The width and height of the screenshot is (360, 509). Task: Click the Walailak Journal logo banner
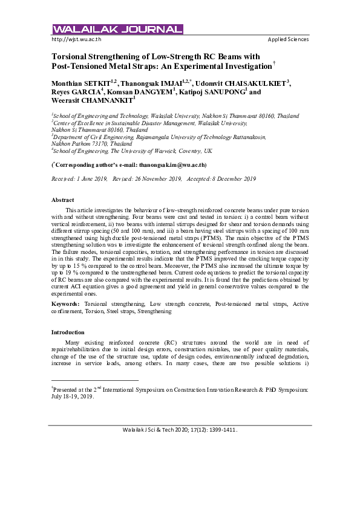117,30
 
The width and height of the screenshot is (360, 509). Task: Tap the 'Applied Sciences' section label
288,39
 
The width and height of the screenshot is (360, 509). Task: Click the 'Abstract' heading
63,199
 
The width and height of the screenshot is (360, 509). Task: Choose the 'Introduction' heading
68,332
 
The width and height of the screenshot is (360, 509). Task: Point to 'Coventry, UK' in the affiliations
192,150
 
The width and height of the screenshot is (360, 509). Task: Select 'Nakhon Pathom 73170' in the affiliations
82,144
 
